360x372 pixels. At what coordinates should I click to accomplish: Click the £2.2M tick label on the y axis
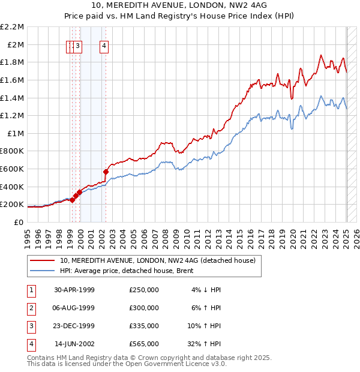[12, 27]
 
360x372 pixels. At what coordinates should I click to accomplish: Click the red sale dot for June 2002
[106, 172]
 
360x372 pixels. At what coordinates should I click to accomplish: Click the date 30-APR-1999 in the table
[74, 290]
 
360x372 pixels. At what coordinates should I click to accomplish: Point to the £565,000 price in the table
[144, 344]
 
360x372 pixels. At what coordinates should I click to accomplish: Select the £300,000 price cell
[144, 308]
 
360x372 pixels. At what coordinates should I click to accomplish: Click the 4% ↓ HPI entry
[207, 290]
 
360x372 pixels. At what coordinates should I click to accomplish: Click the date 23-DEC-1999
[74, 326]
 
